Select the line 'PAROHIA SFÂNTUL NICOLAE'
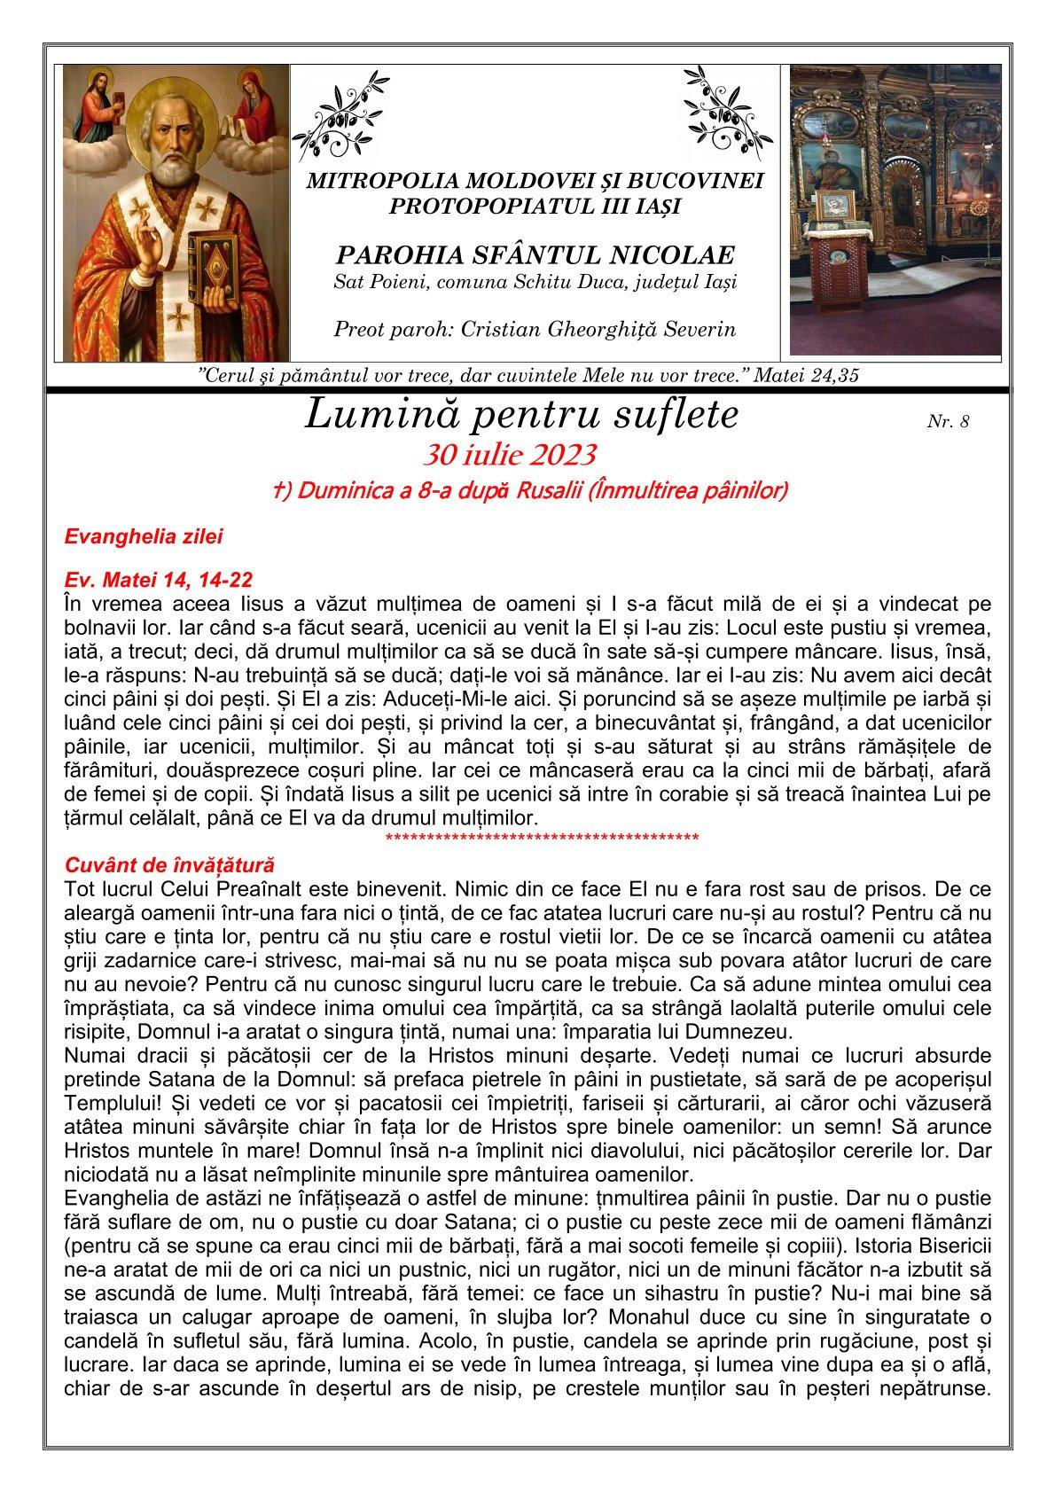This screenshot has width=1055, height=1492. [x=535, y=256]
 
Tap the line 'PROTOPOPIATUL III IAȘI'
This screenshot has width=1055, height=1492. [x=535, y=207]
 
